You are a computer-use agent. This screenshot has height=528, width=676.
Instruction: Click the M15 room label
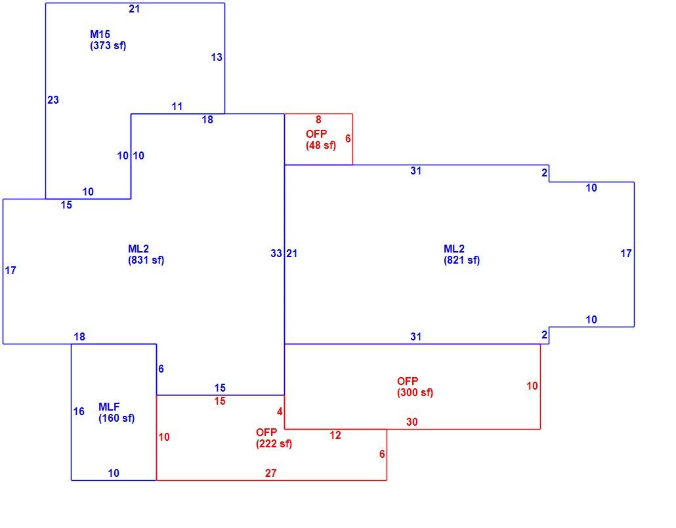tap(100, 34)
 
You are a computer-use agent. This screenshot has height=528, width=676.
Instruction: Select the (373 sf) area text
tap(108, 46)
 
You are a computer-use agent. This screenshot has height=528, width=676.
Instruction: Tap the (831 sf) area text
tap(146, 260)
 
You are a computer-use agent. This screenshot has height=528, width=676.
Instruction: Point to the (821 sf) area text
tap(462, 260)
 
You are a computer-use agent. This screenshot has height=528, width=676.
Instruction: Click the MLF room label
tap(109, 407)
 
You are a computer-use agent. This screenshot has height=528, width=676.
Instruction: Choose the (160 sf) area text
tap(117, 418)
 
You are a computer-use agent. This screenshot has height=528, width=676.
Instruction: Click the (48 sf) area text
tap(321, 145)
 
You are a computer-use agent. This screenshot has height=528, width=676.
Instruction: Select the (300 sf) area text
tap(415, 393)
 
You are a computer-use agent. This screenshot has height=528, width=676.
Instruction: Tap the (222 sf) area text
tap(274, 443)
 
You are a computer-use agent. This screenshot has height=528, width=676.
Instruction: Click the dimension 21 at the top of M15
tap(135, 9)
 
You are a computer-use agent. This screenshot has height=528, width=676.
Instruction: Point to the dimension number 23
tap(53, 100)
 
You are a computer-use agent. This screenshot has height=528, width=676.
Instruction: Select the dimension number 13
tap(217, 57)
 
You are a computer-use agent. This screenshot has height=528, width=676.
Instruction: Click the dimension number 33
tap(276, 253)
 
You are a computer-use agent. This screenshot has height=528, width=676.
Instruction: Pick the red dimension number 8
tap(318, 120)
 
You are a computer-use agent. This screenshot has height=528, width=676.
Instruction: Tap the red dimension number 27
tap(271, 474)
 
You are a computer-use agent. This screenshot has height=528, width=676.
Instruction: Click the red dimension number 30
tap(412, 422)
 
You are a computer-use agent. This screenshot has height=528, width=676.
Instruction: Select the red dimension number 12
tap(335, 436)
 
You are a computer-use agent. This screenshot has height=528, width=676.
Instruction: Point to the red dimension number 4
tap(280, 412)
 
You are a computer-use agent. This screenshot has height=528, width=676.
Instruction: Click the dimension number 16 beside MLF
tap(79, 412)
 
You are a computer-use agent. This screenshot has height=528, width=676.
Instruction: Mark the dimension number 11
tap(177, 106)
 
